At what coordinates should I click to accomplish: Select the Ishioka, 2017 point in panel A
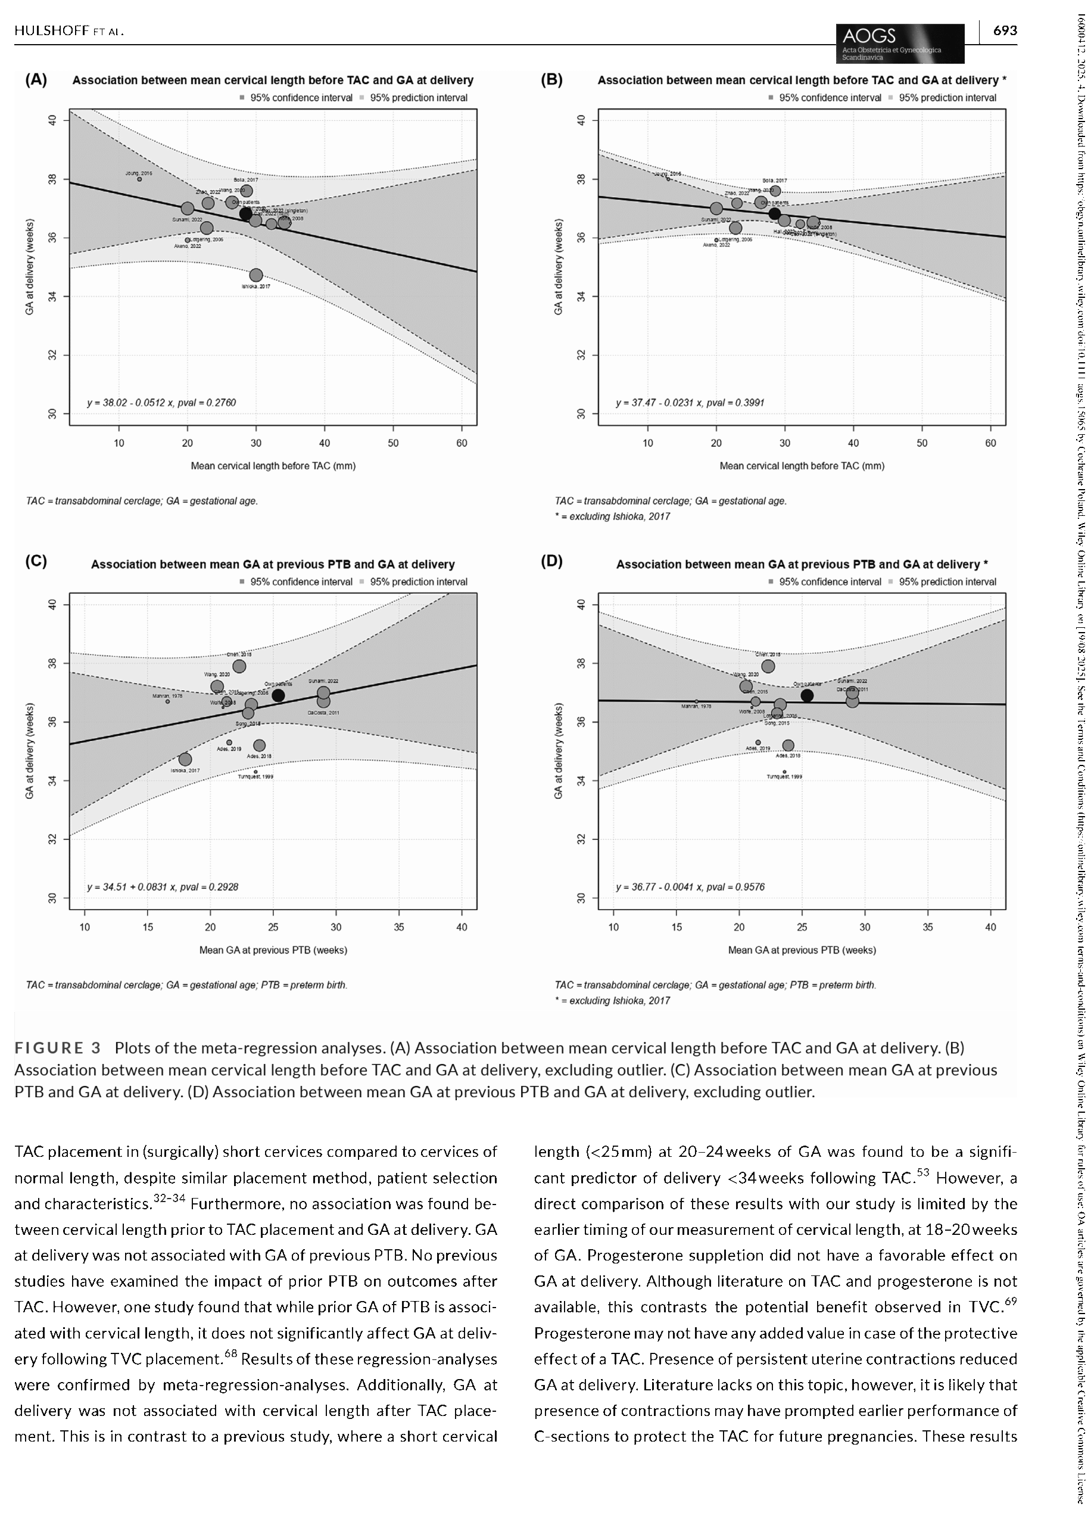[x=256, y=275]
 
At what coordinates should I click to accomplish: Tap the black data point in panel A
[x=246, y=214]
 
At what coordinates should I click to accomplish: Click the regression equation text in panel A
[x=161, y=403]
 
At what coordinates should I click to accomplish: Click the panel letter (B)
[x=551, y=80]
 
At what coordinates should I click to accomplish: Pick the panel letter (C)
[x=36, y=562]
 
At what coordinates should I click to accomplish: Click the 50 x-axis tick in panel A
[x=393, y=443]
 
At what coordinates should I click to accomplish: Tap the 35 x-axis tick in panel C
[x=399, y=927]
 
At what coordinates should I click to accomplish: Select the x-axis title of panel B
[x=802, y=466]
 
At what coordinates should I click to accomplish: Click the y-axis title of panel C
[x=30, y=751]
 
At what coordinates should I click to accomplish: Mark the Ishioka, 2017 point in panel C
[x=185, y=759]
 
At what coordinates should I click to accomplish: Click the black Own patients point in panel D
[x=807, y=695]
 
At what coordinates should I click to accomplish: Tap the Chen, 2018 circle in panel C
[x=239, y=666]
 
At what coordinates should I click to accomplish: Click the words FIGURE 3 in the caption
[x=58, y=1048]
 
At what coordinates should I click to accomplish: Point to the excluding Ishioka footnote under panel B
[x=612, y=516]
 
